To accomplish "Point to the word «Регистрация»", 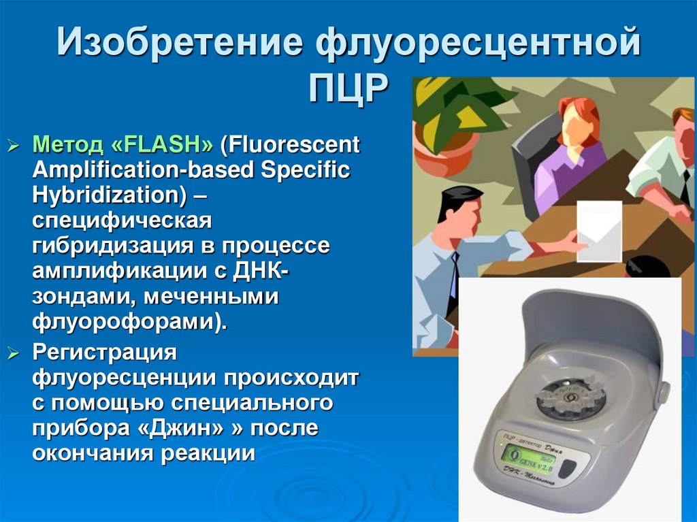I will [x=105, y=354].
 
